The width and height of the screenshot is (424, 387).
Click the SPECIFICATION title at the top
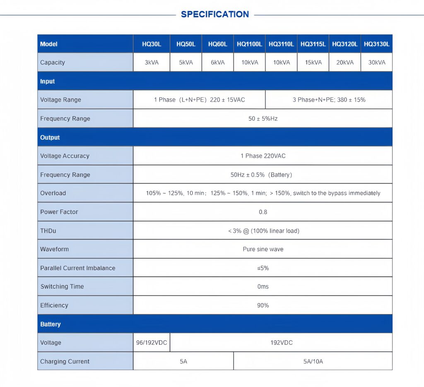tap(215, 14)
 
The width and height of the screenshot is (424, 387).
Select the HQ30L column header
tap(152, 44)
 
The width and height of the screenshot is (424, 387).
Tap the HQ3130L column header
tap(376, 44)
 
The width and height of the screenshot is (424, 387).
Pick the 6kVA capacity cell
tap(217, 62)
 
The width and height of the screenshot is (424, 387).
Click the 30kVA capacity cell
tap(376, 62)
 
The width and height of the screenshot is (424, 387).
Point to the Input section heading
tap(48, 81)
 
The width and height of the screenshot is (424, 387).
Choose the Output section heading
tap(50, 137)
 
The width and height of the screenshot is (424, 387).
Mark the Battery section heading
tap(51, 324)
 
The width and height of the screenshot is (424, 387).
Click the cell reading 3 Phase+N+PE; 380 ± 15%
tap(329, 100)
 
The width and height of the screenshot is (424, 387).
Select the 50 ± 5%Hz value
tap(263, 118)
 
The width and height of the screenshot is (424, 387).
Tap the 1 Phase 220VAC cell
tap(263, 156)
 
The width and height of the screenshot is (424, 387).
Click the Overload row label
tap(53, 193)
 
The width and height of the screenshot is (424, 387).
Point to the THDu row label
tap(48, 231)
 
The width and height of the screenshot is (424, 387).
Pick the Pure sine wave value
tap(263, 249)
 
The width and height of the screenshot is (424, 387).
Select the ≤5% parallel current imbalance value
tap(263, 268)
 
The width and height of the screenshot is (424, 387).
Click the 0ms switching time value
tap(263, 286)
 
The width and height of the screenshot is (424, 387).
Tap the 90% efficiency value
tap(263, 305)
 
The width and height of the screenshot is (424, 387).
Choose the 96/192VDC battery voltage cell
tap(152, 343)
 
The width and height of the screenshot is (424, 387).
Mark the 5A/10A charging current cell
tap(313, 361)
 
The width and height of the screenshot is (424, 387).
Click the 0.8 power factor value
tap(263, 212)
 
